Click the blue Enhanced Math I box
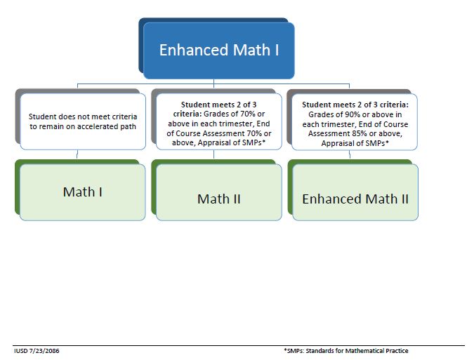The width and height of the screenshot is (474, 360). point(218,51)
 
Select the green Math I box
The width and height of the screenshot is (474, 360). point(83,192)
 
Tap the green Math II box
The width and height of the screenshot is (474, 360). point(218,199)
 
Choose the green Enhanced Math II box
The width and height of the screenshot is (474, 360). point(355,199)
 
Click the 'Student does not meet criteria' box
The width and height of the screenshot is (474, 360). point(83,121)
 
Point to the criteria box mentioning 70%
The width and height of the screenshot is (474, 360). point(218,124)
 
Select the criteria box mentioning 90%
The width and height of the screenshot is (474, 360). point(355,124)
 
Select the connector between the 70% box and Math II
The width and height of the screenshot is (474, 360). point(215,155)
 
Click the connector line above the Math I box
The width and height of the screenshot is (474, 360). point(77,155)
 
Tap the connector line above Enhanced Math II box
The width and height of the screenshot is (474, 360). point(352,155)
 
